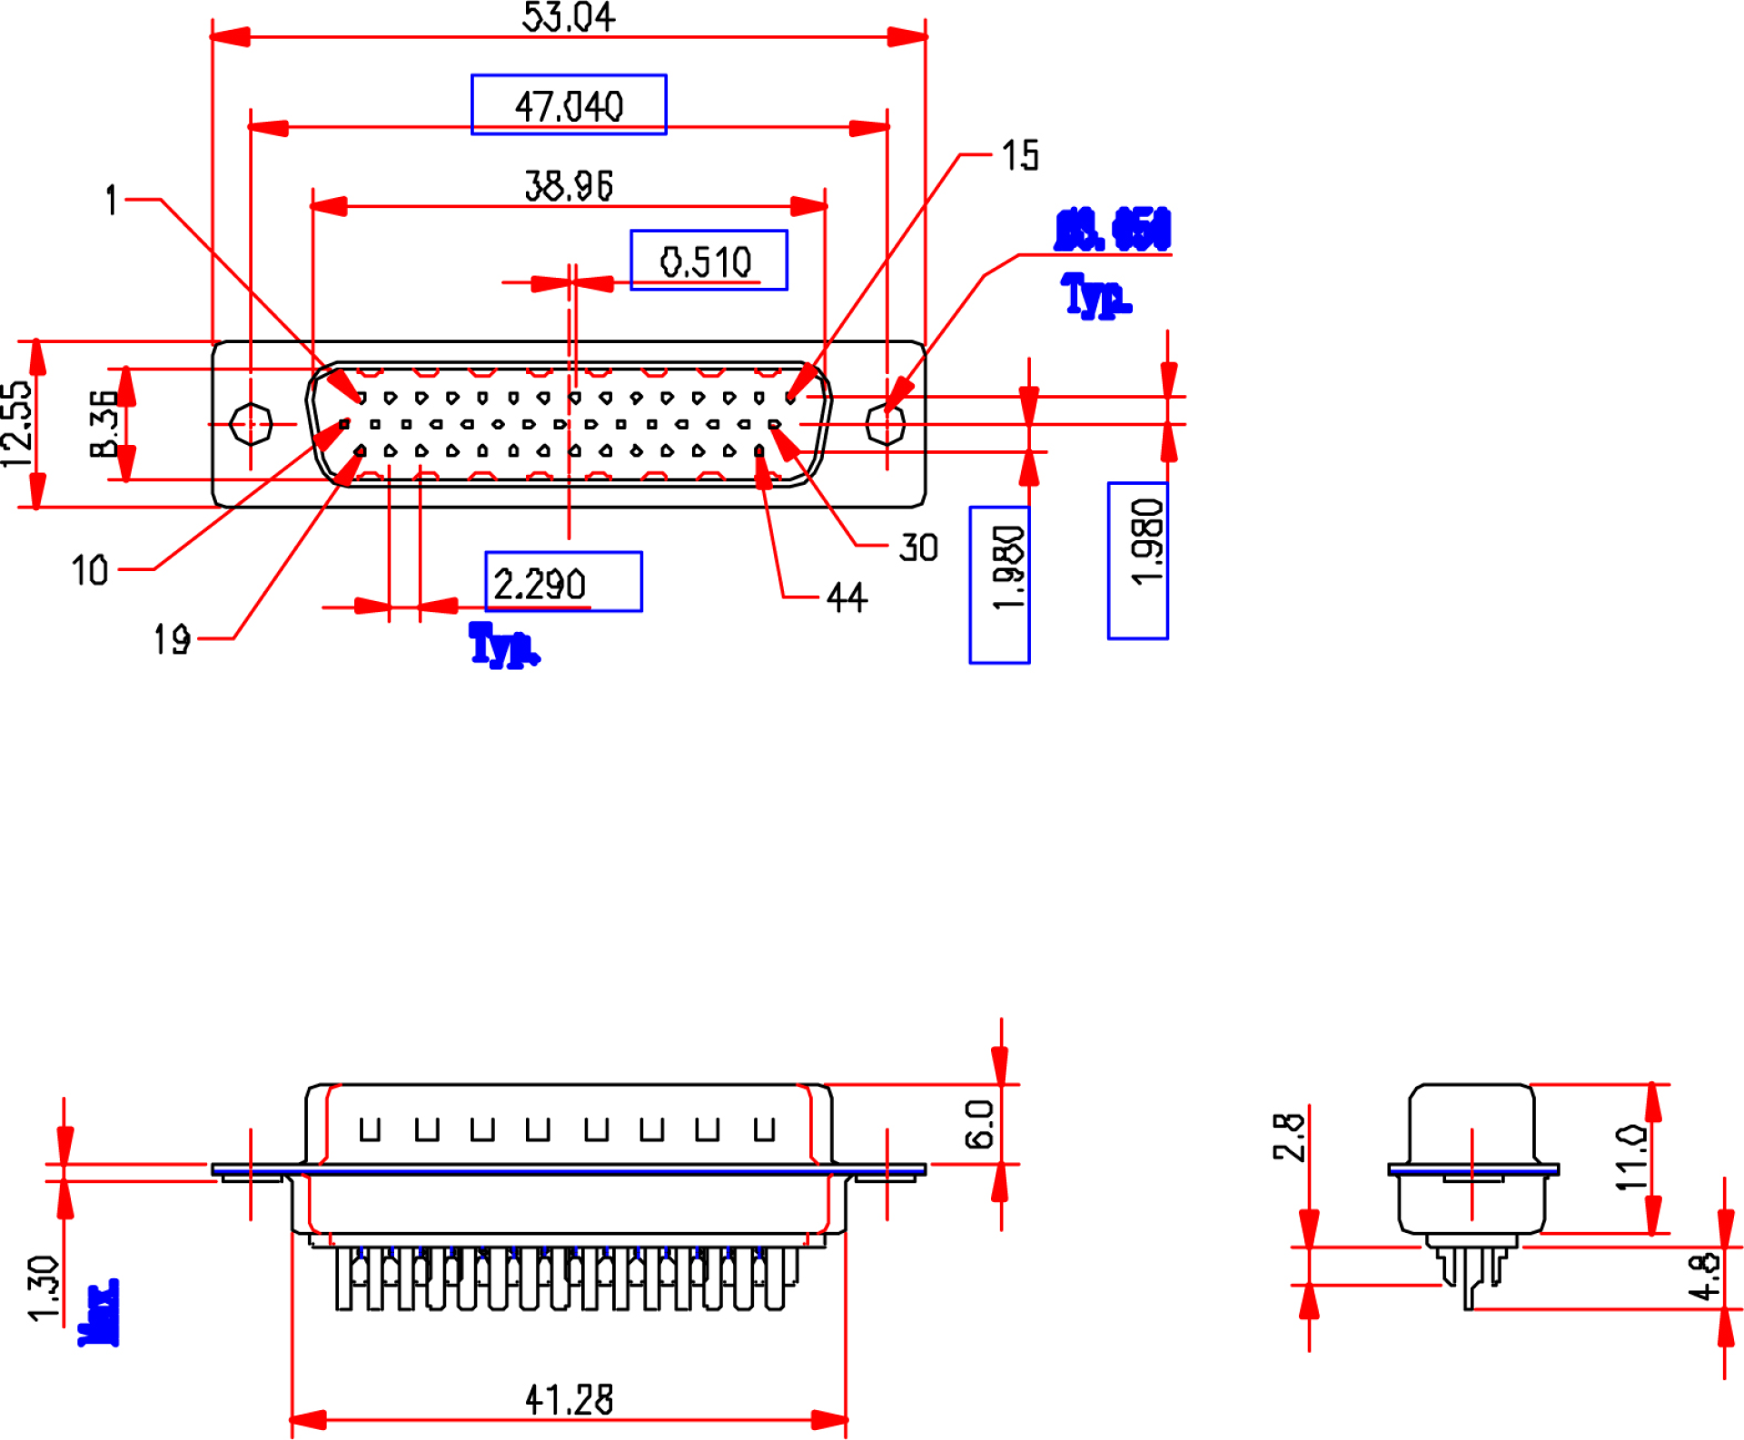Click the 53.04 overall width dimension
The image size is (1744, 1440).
click(569, 17)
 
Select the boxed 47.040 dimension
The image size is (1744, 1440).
click(569, 105)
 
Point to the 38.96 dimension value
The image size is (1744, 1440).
click(569, 185)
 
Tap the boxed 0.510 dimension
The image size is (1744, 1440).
click(707, 261)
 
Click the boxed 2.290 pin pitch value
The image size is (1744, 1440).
click(540, 583)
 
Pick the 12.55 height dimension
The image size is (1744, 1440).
click(17, 423)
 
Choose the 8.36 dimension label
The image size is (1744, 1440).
click(104, 423)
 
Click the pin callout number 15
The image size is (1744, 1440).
click(1020, 155)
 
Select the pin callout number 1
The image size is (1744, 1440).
click(111, 200)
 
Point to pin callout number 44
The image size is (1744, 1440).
click(847, 597)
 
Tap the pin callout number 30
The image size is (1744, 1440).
click(918, 547)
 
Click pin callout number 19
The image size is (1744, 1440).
click(172, 639)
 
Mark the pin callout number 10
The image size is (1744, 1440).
click(90, 570)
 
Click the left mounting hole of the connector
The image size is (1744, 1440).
click(251, 424)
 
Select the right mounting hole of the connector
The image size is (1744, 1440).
click(886, 424)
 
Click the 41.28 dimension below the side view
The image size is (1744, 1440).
click(569, 1399)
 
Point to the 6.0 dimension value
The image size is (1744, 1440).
click(980, 1124)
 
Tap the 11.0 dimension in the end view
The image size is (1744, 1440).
click(1630, 1158)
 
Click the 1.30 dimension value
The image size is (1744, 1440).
click(43, 1288)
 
